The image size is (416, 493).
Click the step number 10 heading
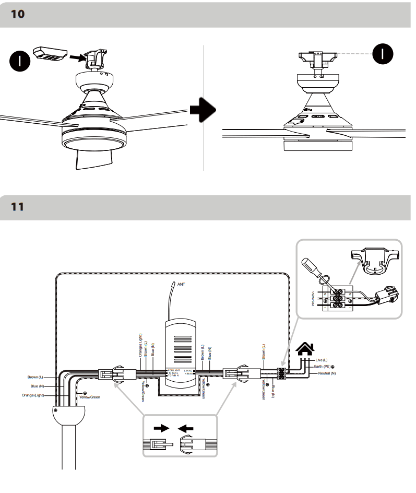coord(18,14)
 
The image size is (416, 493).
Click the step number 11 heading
coord(18,207)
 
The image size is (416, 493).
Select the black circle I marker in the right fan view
coord(382,53)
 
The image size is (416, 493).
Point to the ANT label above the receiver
coord(181,285)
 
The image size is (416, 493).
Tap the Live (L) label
coord(322,360)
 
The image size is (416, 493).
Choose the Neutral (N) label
coord(327,374)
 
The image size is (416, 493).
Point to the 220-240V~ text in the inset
coord(313,299)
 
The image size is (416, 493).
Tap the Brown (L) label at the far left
coord(35,377)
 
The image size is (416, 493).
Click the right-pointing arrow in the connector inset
coord(161,428)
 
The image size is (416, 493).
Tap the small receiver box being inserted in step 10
coord(48,53)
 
